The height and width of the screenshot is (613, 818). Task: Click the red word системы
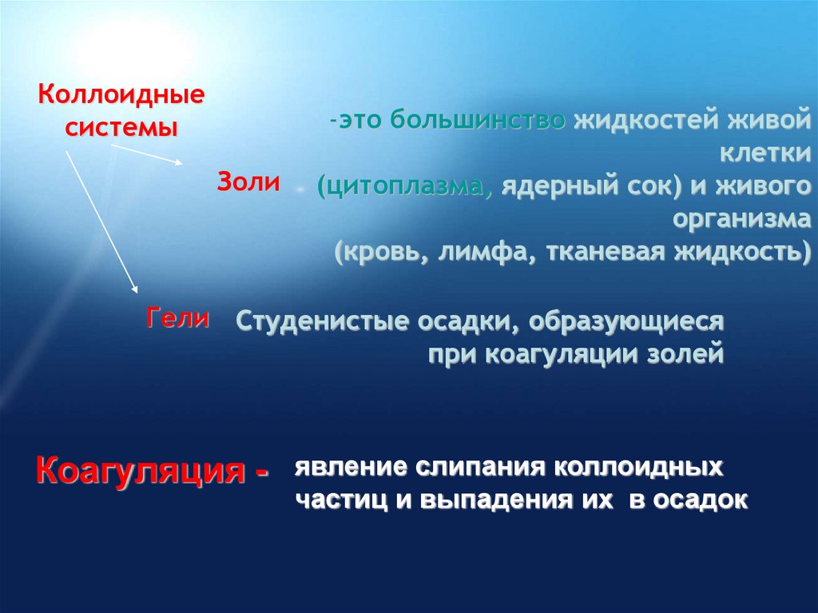120,127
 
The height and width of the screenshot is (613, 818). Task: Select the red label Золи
248,181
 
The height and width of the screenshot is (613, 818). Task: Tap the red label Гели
177,319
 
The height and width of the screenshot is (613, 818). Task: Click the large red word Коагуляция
139,472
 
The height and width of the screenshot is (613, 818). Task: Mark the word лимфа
475,252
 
